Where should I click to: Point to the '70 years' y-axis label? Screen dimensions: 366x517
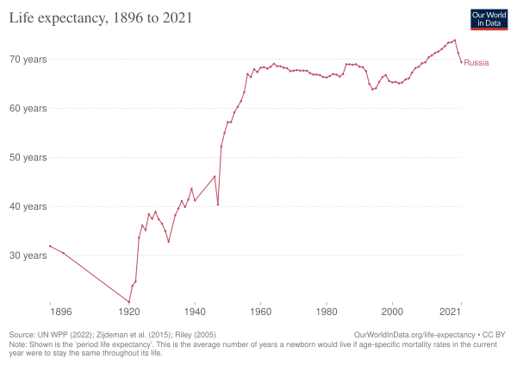pos(29,60)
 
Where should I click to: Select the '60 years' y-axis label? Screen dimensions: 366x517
pos(29,109)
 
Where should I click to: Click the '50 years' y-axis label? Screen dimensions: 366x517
pos(29,158)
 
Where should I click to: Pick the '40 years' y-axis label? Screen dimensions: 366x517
pos(29,207)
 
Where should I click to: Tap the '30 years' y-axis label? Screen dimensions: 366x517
pos(29,256)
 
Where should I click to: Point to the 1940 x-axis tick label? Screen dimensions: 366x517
pos(195,310)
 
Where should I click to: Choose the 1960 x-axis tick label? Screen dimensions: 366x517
pos(260,310)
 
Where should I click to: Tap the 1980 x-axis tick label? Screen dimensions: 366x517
pos(327,310)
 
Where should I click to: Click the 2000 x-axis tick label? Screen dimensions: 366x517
pos(392,310)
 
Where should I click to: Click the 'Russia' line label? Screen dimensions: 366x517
pos(477,63)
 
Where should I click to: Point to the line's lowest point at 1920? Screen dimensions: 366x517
pos(129,303)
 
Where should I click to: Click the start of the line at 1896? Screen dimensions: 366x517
pos(50,246)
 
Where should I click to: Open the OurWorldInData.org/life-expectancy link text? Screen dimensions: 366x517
pos(404,333)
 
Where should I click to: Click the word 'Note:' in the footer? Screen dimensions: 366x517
pos(17,341)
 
